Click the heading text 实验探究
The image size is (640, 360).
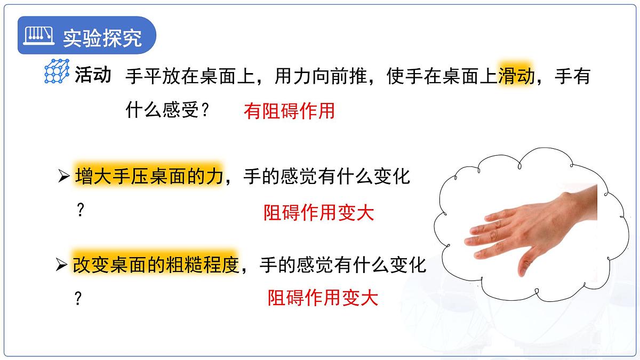[x=102, y=37]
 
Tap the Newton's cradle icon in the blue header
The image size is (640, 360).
[x=40, y=36]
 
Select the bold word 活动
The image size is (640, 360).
[x=93, y=75]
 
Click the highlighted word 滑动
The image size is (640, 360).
[x=516, y=77]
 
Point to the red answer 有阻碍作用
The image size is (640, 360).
[x=289, y=111]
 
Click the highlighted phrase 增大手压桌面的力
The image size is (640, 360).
[x=148, y=175]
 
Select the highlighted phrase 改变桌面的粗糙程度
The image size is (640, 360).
[x=155, y=264]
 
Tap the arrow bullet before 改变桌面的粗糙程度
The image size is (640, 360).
[x=62, y=265]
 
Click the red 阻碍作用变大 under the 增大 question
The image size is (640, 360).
[x=318, y=213]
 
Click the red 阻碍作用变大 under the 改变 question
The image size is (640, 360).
[x=322, y=298]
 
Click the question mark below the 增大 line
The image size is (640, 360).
[x=81, y=211]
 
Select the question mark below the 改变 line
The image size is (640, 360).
[x=78, y=299]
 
